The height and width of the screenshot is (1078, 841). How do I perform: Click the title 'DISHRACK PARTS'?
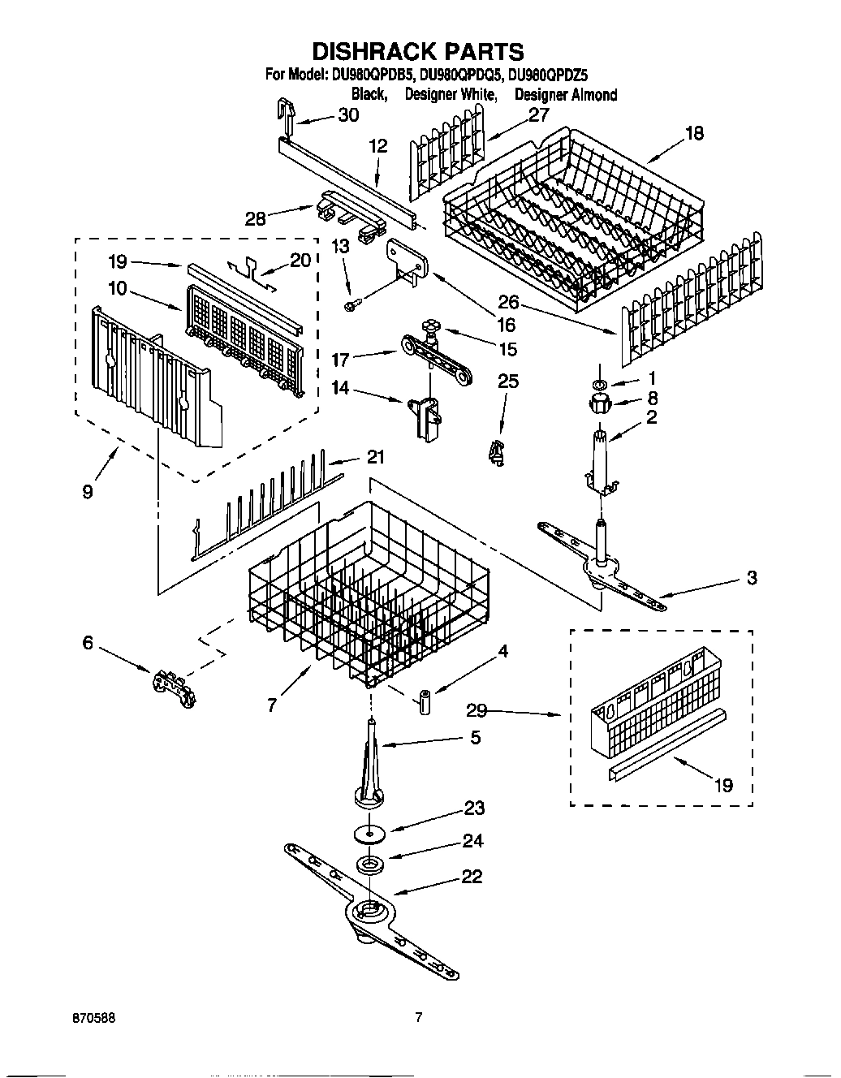click(418, 52)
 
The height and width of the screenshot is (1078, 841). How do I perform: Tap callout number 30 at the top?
click(347, 116)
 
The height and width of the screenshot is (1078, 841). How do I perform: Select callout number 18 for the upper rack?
click(694, 134)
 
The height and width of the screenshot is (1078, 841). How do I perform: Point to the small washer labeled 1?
click(598, 383)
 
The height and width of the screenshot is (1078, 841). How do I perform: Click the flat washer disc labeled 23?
click(369, 834)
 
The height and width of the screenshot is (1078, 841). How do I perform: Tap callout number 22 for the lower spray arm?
click(471, 877)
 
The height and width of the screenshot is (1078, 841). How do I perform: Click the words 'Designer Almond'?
click(566, 95)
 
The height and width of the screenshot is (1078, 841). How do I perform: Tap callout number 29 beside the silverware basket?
click(477, 710)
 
